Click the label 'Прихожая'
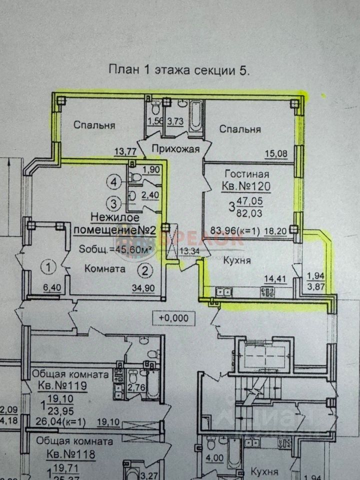point(172,148)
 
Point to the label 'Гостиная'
point(247,174)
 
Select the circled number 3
point(115,203)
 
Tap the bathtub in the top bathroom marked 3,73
point(195,115)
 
